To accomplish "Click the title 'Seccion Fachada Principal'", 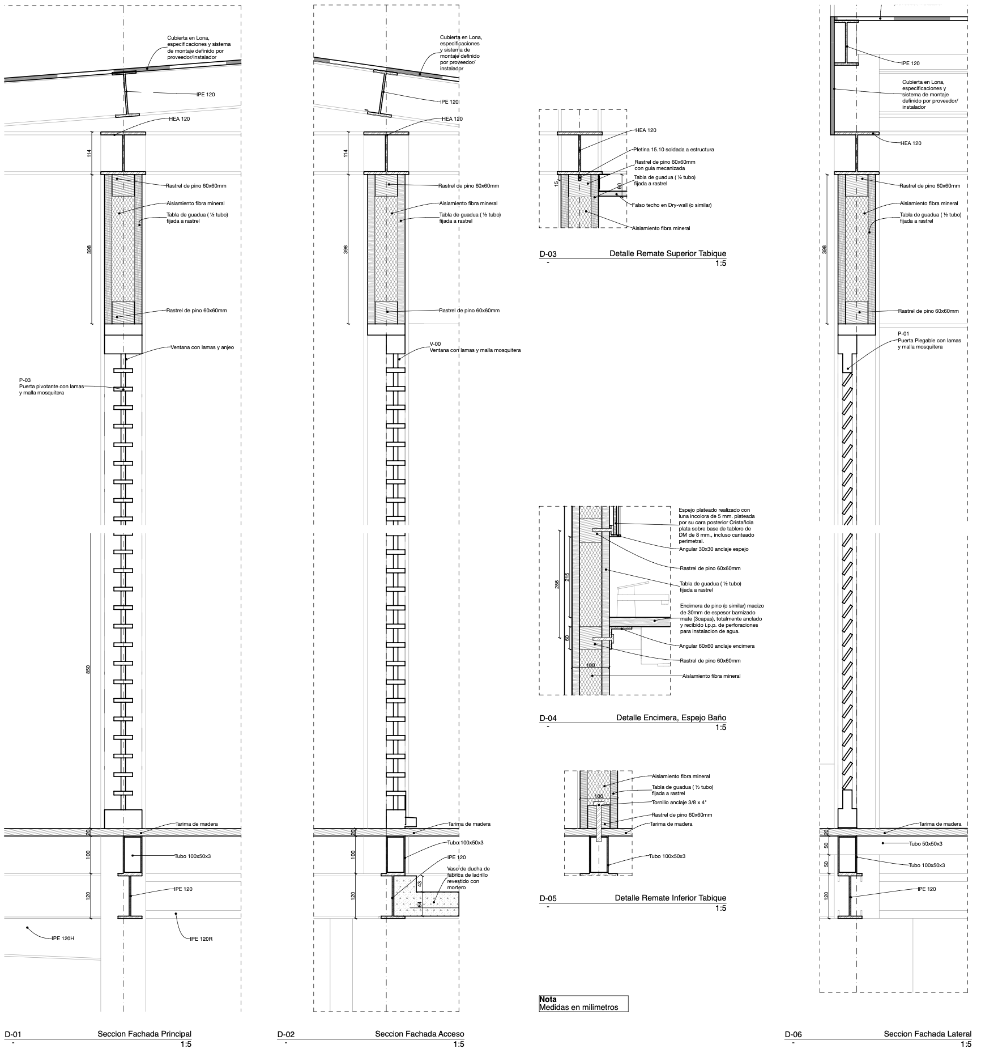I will click(144, 1034).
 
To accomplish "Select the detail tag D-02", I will click(285, 1034).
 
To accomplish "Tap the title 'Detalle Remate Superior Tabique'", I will click(667, 254).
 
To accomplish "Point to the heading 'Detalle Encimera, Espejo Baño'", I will click(671, 718).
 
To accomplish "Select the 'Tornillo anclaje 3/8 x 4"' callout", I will click(679, 803).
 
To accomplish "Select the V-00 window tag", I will click(435, 343).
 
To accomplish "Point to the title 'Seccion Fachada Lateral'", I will click(927, 1034).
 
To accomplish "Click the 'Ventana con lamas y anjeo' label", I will click(202, 347).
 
